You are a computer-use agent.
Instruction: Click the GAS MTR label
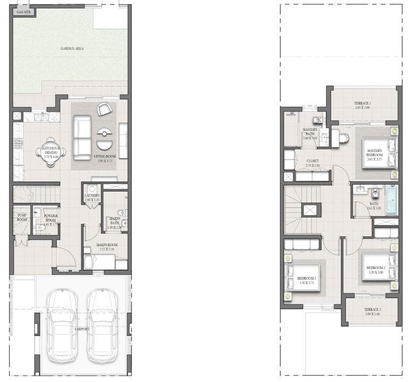point(23,11)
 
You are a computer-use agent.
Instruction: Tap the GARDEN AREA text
point(72,48)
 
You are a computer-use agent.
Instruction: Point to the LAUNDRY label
point(92,195)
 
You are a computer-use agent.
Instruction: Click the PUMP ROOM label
point(22,217)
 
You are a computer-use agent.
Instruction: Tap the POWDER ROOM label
point(51,217)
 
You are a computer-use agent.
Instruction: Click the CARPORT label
point(82,329)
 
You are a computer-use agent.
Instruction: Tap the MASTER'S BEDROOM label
point(375,153)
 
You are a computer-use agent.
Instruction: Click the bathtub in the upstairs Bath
point(391,200)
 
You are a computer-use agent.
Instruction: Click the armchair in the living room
point(104,109)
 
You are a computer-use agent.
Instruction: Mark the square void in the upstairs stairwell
point(311,210)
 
